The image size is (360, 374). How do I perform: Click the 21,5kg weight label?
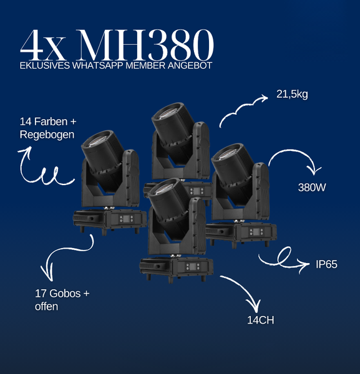[292, 95]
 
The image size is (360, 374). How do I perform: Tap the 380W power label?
[312, 188]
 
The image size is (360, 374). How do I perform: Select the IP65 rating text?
[326, 264]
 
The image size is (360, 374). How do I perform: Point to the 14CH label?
[260, 320]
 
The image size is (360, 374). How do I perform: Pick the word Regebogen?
[47, 135]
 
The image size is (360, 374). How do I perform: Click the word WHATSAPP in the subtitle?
[98, 65]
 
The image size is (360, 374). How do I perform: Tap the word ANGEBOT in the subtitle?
[190, 65]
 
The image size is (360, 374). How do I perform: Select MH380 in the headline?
[145, 45]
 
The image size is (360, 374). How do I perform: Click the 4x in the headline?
[43, 45]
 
